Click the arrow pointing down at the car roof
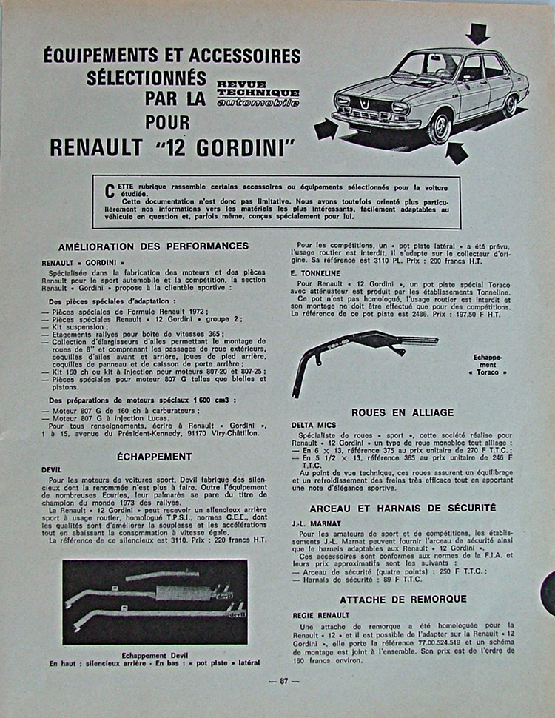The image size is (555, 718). click(477, 33)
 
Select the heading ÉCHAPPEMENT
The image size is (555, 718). click(155, 457)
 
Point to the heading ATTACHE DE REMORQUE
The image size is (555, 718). click(403, 599)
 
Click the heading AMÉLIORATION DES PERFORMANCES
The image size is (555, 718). click(153, 246)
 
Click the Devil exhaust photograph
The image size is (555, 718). click(155, 601)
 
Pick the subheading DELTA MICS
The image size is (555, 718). click(314, 425)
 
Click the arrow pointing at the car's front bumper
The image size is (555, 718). click(326, 130)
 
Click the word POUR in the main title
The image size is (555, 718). click(167, 121)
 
